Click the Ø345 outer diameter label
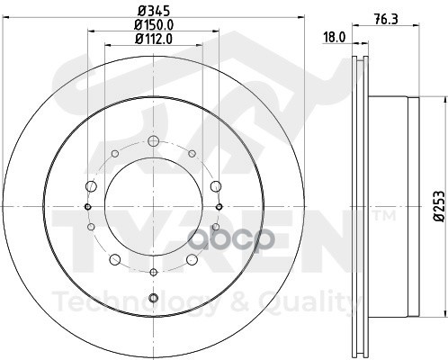(x=154, y=10)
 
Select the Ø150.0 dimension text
(x=154, y=24)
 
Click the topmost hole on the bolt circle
(x=153, y=139)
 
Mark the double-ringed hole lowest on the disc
(x=153, y=298)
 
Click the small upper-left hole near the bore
(x=113, y=155)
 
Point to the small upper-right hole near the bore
(x=193, y=155)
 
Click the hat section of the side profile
(x=387, y=207)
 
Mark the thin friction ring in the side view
(x=359, y=207)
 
